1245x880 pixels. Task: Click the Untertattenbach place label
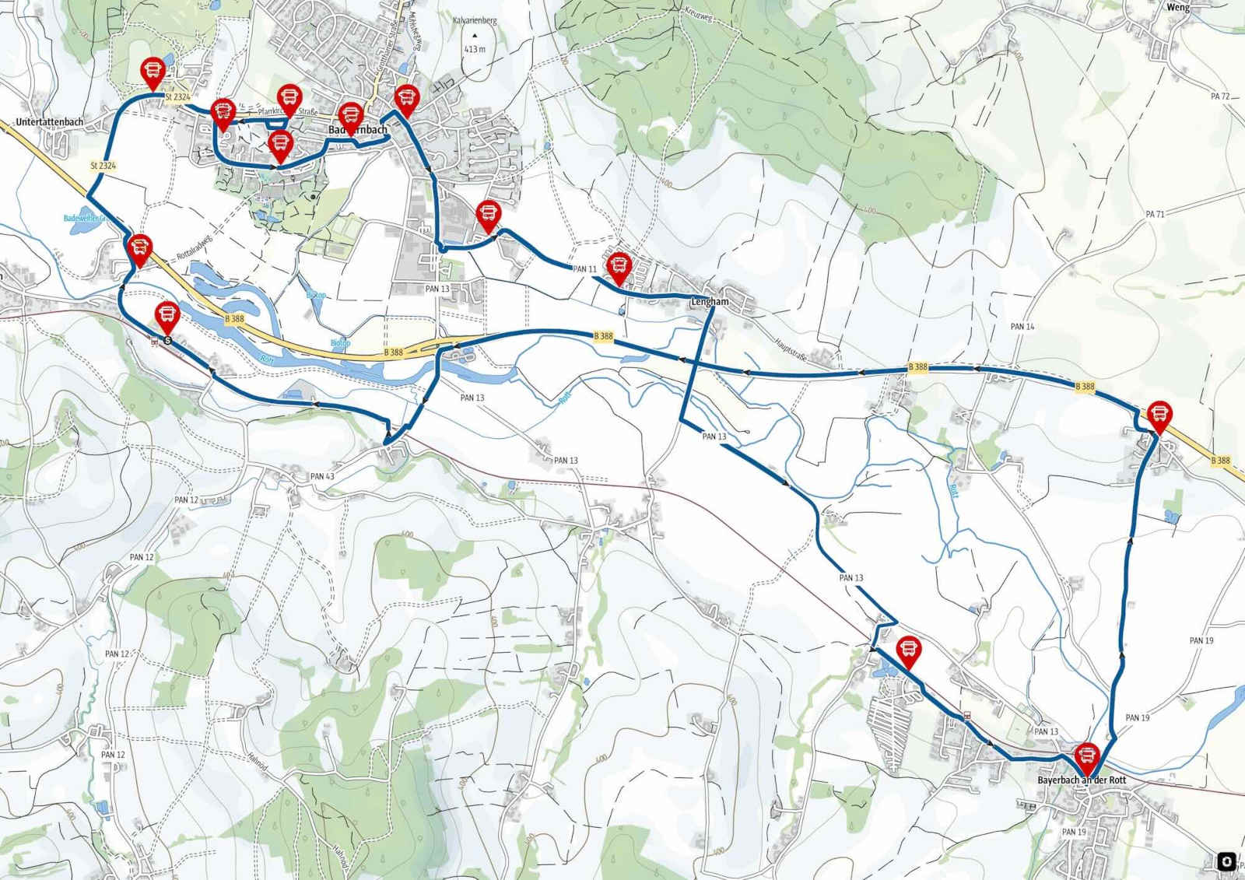[48, 122]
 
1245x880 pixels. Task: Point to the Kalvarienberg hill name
[474, 21]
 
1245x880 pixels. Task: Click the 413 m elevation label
[474, 48]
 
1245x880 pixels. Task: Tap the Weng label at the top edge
[1178, 7]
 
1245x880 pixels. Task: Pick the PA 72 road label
[1220, 96]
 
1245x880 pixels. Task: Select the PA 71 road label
[1155, 213]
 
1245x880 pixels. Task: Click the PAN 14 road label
[1022, 327]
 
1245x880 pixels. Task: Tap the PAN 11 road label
[584, 269]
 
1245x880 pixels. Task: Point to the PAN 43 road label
[321, 476]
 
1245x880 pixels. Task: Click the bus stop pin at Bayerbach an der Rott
[1086, 756]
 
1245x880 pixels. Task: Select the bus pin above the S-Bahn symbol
[167, 316]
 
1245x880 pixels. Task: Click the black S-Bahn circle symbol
[168, 340]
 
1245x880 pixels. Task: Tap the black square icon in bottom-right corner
[1227, 861]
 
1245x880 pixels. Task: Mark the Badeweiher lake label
[86, 219]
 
